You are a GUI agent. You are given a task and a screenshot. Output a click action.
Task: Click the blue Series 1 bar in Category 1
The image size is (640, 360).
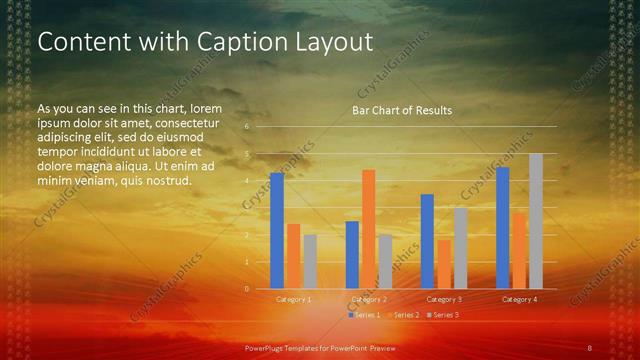coord(277,231)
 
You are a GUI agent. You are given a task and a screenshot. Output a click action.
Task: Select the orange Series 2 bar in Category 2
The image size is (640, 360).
coord(368,229)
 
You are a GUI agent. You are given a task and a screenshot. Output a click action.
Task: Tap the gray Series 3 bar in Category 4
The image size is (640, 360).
coord(536,221)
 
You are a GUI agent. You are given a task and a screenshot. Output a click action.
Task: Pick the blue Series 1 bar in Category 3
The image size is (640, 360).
coord(427,241)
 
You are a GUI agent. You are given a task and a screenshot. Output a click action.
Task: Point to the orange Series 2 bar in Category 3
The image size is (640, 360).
coord(444,264)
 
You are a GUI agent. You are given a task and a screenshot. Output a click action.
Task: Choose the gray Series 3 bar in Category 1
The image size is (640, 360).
coord(310,262)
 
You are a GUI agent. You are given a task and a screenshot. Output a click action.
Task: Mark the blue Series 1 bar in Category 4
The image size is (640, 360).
coord(503,228)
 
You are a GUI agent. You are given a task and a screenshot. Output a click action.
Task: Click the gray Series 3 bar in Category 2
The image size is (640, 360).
coord(385,262)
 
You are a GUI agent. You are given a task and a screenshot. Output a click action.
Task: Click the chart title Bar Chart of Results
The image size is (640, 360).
coord(402,110)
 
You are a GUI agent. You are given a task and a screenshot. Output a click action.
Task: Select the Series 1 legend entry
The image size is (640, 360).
coord(366,315)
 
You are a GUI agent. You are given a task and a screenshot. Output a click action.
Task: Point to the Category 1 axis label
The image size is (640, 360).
coord(294,299)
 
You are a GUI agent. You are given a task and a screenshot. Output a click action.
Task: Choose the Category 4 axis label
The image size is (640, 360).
coord(519,299)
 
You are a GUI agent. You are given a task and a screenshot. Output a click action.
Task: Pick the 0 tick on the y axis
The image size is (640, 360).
coord(246,289)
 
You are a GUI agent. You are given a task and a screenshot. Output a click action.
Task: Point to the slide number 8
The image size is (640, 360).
coord(590,347)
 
